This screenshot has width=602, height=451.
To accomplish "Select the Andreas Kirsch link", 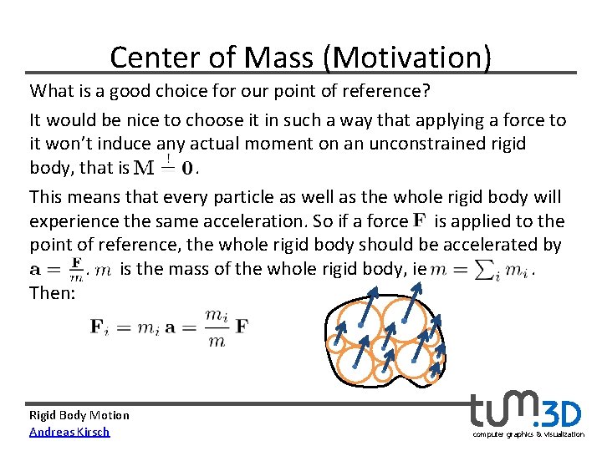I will click(x=69, y=432).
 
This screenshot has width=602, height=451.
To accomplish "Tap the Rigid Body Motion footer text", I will click(x=79, y=415).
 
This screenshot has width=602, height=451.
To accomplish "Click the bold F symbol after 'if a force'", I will click(x=418, y=221).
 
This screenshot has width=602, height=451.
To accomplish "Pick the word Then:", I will click(x=53, y=294).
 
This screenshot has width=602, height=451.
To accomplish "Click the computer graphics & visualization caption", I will click(x=528, y=435).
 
